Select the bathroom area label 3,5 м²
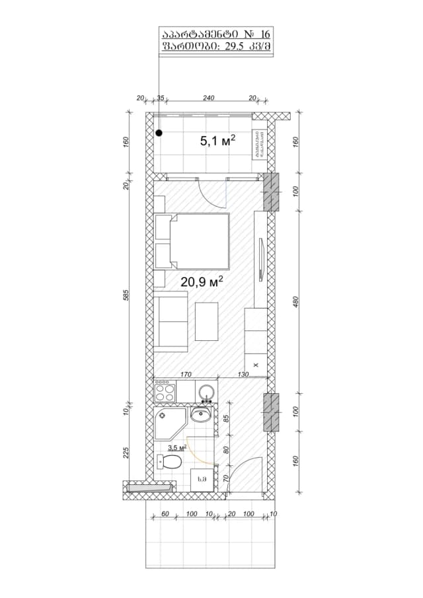(176, 447)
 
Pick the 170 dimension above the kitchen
(186, 375)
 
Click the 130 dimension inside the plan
(242, 375)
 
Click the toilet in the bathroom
(167, 462)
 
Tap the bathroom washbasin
(200, 415)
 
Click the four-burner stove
(165, 392)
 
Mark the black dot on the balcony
(159, 133)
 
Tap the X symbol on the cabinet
(256, 364)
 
